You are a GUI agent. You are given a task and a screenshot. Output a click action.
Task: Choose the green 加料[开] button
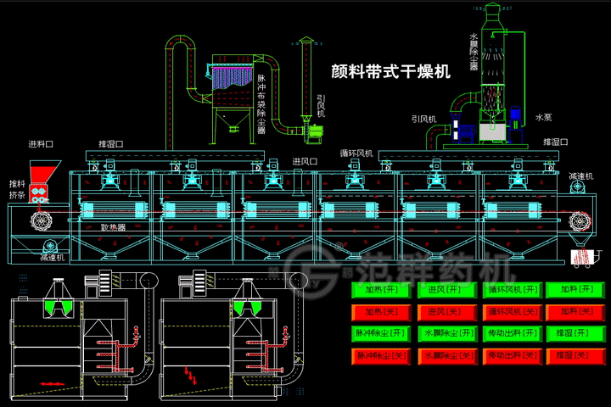[574, 290]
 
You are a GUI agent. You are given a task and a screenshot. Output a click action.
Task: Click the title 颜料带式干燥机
[390, 73]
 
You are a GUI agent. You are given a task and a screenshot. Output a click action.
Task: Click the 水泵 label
[544, 116]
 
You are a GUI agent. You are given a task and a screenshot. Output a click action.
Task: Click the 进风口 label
[305, 160]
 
